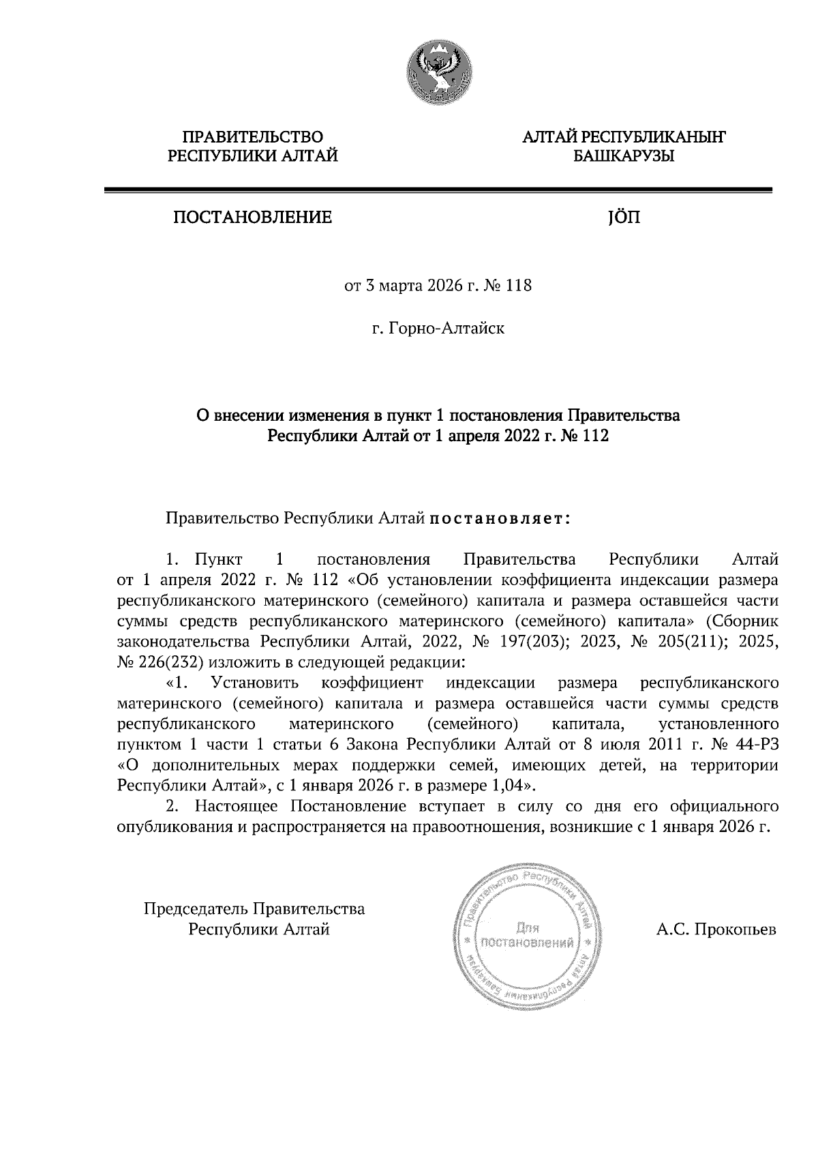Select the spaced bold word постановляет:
[x=498, y=519]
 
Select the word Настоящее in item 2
[x=238, y=806]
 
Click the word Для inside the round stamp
[x=528, y=928]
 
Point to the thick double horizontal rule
[x=438, y=191]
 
